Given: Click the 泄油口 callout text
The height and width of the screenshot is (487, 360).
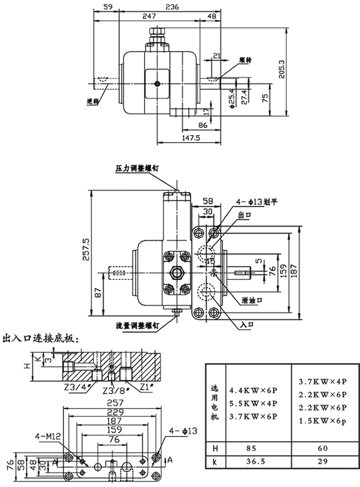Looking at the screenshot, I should (253, 300).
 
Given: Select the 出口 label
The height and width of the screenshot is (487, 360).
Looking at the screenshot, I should (244, 214).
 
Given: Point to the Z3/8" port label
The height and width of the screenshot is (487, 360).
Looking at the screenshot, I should (114, 391).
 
